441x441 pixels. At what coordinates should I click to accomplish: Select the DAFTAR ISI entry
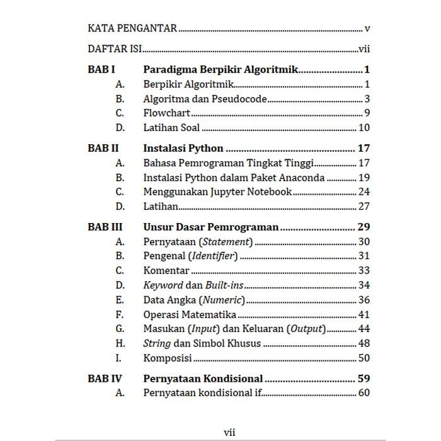pos(114,49)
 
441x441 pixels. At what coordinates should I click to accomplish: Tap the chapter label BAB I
pos(101,70)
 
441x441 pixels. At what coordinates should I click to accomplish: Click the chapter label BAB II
pos(103,149)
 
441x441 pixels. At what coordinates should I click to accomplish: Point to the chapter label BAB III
pos(105,227)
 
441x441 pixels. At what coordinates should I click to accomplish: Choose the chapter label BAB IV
pos(105,379)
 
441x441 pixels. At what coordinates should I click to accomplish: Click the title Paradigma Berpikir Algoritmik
pos(220,70)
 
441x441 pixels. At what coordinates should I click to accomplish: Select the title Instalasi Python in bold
pos(183,149)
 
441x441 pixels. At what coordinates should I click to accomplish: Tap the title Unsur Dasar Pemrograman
pos(211,227)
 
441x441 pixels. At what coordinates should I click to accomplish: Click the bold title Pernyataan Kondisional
pos(203,379)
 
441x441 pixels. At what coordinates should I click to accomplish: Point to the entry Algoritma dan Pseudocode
pos(205,99)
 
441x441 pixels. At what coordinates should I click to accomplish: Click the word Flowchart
pos(167,113)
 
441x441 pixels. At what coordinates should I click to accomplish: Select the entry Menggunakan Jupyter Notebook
pos(217,192)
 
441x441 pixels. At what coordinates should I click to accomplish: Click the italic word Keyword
pos(163,285)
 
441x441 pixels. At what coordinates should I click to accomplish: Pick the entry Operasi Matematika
pos(190,314)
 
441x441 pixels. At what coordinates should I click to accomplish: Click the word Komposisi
pos(168,358)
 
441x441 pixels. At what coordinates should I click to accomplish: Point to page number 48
pos(364,343)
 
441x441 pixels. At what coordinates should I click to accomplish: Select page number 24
pos(364,192)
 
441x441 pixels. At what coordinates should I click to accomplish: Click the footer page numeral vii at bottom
pos(229,432)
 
